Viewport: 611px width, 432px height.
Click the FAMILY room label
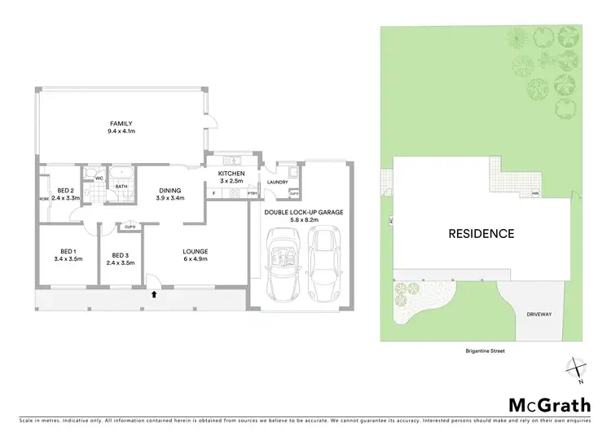121,124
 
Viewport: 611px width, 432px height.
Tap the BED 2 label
65,189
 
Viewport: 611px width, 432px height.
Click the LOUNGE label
196,250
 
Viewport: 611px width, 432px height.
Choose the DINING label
171,189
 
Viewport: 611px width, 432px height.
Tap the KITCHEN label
231,173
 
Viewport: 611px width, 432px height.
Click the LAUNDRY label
277,183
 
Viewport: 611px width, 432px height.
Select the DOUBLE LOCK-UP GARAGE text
304,211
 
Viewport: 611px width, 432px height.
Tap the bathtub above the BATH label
122,174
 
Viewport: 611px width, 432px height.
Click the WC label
98,177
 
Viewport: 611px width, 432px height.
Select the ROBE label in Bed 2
42,198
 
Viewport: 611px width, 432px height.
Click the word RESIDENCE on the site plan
481,233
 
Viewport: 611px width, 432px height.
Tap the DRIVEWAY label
538,312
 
